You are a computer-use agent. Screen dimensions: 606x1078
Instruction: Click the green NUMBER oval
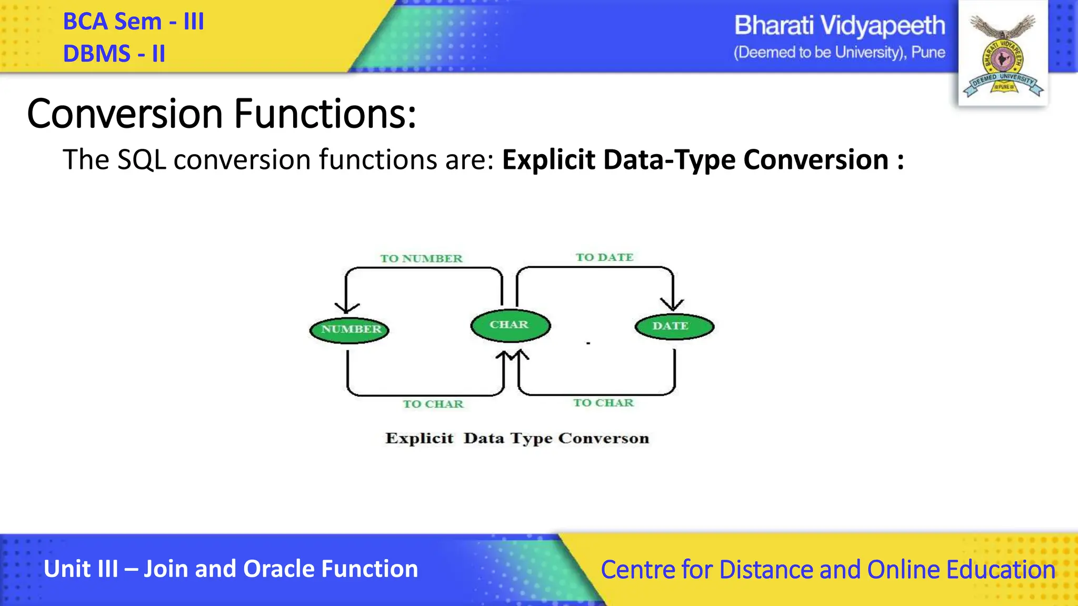[x=350, y=330]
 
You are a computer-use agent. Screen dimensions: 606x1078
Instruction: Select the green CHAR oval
[x=510, y=325]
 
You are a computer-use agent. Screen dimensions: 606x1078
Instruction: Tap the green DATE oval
[x=674, y=326]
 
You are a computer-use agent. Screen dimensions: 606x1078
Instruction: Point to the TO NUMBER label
[x=421, y=258]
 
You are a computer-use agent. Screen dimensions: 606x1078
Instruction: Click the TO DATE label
[x=604, y=257]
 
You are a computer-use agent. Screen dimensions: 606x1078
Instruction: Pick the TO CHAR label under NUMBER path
[x=433, y=404]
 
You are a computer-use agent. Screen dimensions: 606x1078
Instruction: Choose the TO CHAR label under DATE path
[x=603, y=403]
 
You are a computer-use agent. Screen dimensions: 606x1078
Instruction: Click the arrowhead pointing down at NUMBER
[x=346, y=308]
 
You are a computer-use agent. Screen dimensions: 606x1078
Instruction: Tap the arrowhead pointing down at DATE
[x=672, y=304]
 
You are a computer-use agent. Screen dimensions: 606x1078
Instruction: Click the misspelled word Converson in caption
[x=603, y=438]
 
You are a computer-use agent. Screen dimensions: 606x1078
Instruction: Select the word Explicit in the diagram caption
[x=419, y=438]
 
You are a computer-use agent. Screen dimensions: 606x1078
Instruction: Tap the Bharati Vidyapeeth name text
[x=839, y=25]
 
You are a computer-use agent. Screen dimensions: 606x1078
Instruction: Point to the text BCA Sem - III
[x=133, y=22]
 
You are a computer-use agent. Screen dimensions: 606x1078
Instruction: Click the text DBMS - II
[x=114, y=54]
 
